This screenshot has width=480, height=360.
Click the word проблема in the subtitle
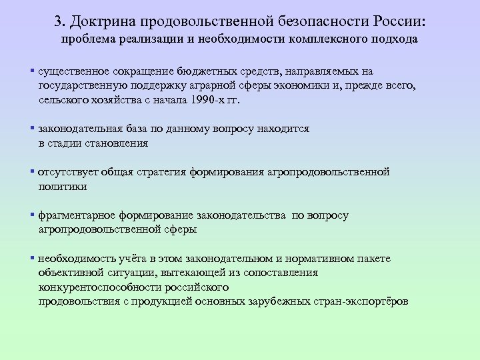[x=91, y=39]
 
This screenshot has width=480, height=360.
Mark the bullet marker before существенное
[x=32, y=71]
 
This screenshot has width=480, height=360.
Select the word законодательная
[x=77, y=129]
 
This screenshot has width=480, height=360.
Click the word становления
[x=118, y=143]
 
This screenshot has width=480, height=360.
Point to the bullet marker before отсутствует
[x=32, y=172]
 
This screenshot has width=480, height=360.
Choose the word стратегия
[x=161, y=173]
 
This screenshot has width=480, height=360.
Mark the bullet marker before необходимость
[x=32, y=258]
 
